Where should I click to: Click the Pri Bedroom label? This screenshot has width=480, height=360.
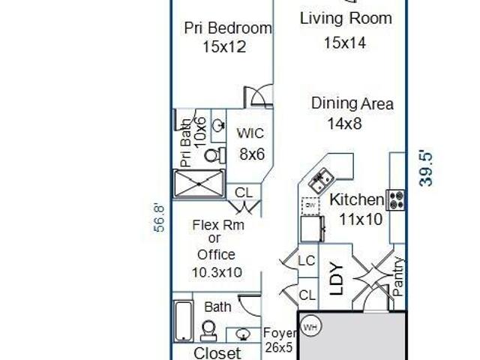(228, 28)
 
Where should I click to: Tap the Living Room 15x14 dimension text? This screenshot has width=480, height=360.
(345, 43)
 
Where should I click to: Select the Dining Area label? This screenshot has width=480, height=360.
(352, 103)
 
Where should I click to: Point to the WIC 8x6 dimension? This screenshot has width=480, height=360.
(252, 154)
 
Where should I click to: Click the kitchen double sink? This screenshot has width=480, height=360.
(321, 181)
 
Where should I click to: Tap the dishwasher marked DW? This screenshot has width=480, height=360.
(310, 205)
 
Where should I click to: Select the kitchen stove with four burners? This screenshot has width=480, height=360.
(395, 200)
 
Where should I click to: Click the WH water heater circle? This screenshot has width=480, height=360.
(311, 327)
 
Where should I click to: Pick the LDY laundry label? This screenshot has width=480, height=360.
(337, 278)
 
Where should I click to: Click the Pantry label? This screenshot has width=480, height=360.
(397, 277)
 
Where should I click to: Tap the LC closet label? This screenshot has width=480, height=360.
(307, 261)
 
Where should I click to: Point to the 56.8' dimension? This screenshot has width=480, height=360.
(159, 218)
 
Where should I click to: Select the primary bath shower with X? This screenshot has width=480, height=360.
(199, 184)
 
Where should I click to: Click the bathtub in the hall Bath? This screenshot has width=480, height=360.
(184, 321)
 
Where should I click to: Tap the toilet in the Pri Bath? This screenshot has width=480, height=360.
(214, 155)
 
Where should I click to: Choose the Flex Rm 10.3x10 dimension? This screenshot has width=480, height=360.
(217, 272)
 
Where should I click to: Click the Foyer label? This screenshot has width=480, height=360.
(280, 333)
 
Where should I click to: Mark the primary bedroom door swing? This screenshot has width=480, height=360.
(259, 95)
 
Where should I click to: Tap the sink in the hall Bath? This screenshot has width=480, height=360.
(243, 334)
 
